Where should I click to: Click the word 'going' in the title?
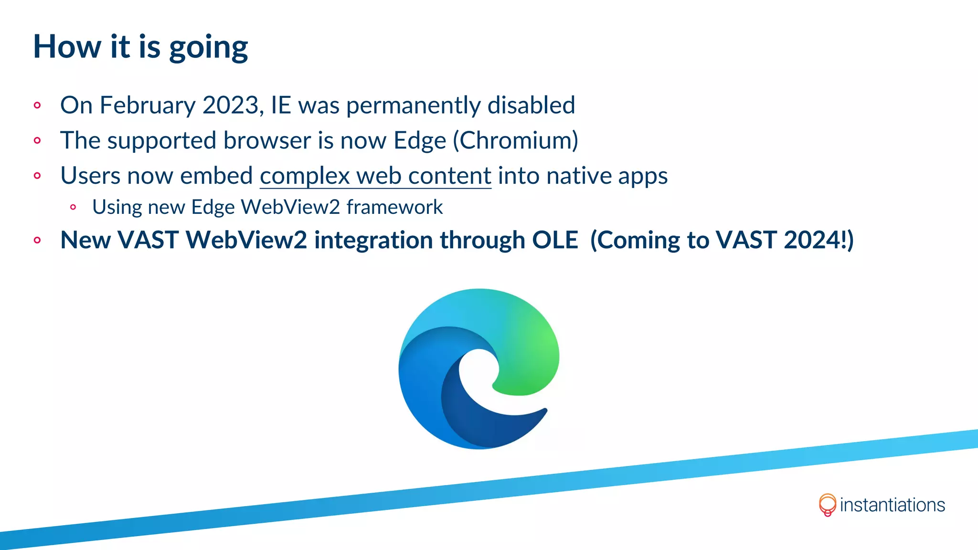click(x=208, y=48)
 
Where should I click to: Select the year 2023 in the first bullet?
click(x=231, y=105)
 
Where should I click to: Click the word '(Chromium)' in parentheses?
click(x=515, y=141)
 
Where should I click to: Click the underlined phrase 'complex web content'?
click(x=375, y=176)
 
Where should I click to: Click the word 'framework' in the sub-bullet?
click(x=394, y=207)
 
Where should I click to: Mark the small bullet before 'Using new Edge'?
click(x=73, y=207)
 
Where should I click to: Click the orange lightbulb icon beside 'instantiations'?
click(x=827, y=505)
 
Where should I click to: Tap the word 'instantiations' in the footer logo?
click(x=892, y=505)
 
